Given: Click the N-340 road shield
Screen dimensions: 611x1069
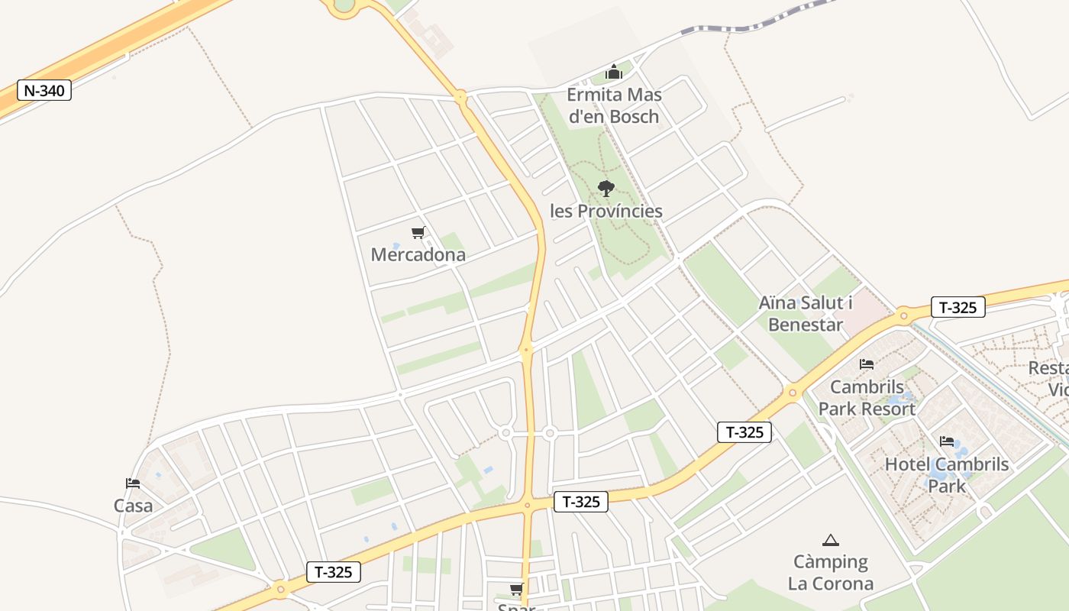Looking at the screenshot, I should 44,90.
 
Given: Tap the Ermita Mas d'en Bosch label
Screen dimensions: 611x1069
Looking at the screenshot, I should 614,105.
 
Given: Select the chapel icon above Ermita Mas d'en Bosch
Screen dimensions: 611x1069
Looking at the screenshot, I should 614,73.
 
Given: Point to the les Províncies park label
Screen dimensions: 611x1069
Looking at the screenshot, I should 606,211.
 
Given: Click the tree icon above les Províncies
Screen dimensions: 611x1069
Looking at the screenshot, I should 606,188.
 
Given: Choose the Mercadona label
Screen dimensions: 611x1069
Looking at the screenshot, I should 418,254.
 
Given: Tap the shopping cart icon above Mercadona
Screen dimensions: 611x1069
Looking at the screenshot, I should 418,232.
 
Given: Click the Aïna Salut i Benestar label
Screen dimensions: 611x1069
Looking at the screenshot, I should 806,313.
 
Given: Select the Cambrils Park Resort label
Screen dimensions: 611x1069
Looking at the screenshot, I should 867,398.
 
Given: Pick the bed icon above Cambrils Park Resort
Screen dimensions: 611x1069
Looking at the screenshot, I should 867,364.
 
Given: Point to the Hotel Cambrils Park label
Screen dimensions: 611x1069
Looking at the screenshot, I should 947,474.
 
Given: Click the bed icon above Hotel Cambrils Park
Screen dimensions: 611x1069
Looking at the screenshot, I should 947,441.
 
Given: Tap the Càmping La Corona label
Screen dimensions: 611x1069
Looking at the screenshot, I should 831,573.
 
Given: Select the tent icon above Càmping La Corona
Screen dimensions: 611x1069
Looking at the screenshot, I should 831,540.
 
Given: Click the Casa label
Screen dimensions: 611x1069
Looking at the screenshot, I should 133,506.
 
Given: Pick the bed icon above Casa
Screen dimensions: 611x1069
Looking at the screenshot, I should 133,483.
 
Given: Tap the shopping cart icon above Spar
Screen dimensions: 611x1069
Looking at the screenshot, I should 517,589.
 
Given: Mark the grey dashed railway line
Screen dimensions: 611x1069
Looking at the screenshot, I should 756,22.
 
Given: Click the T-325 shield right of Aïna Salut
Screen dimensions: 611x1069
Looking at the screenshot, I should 958,307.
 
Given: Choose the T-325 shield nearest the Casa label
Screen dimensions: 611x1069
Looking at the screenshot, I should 333,572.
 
